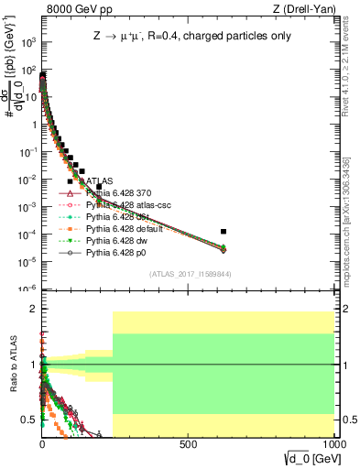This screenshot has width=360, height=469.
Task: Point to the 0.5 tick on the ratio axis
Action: pos(30,420)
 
